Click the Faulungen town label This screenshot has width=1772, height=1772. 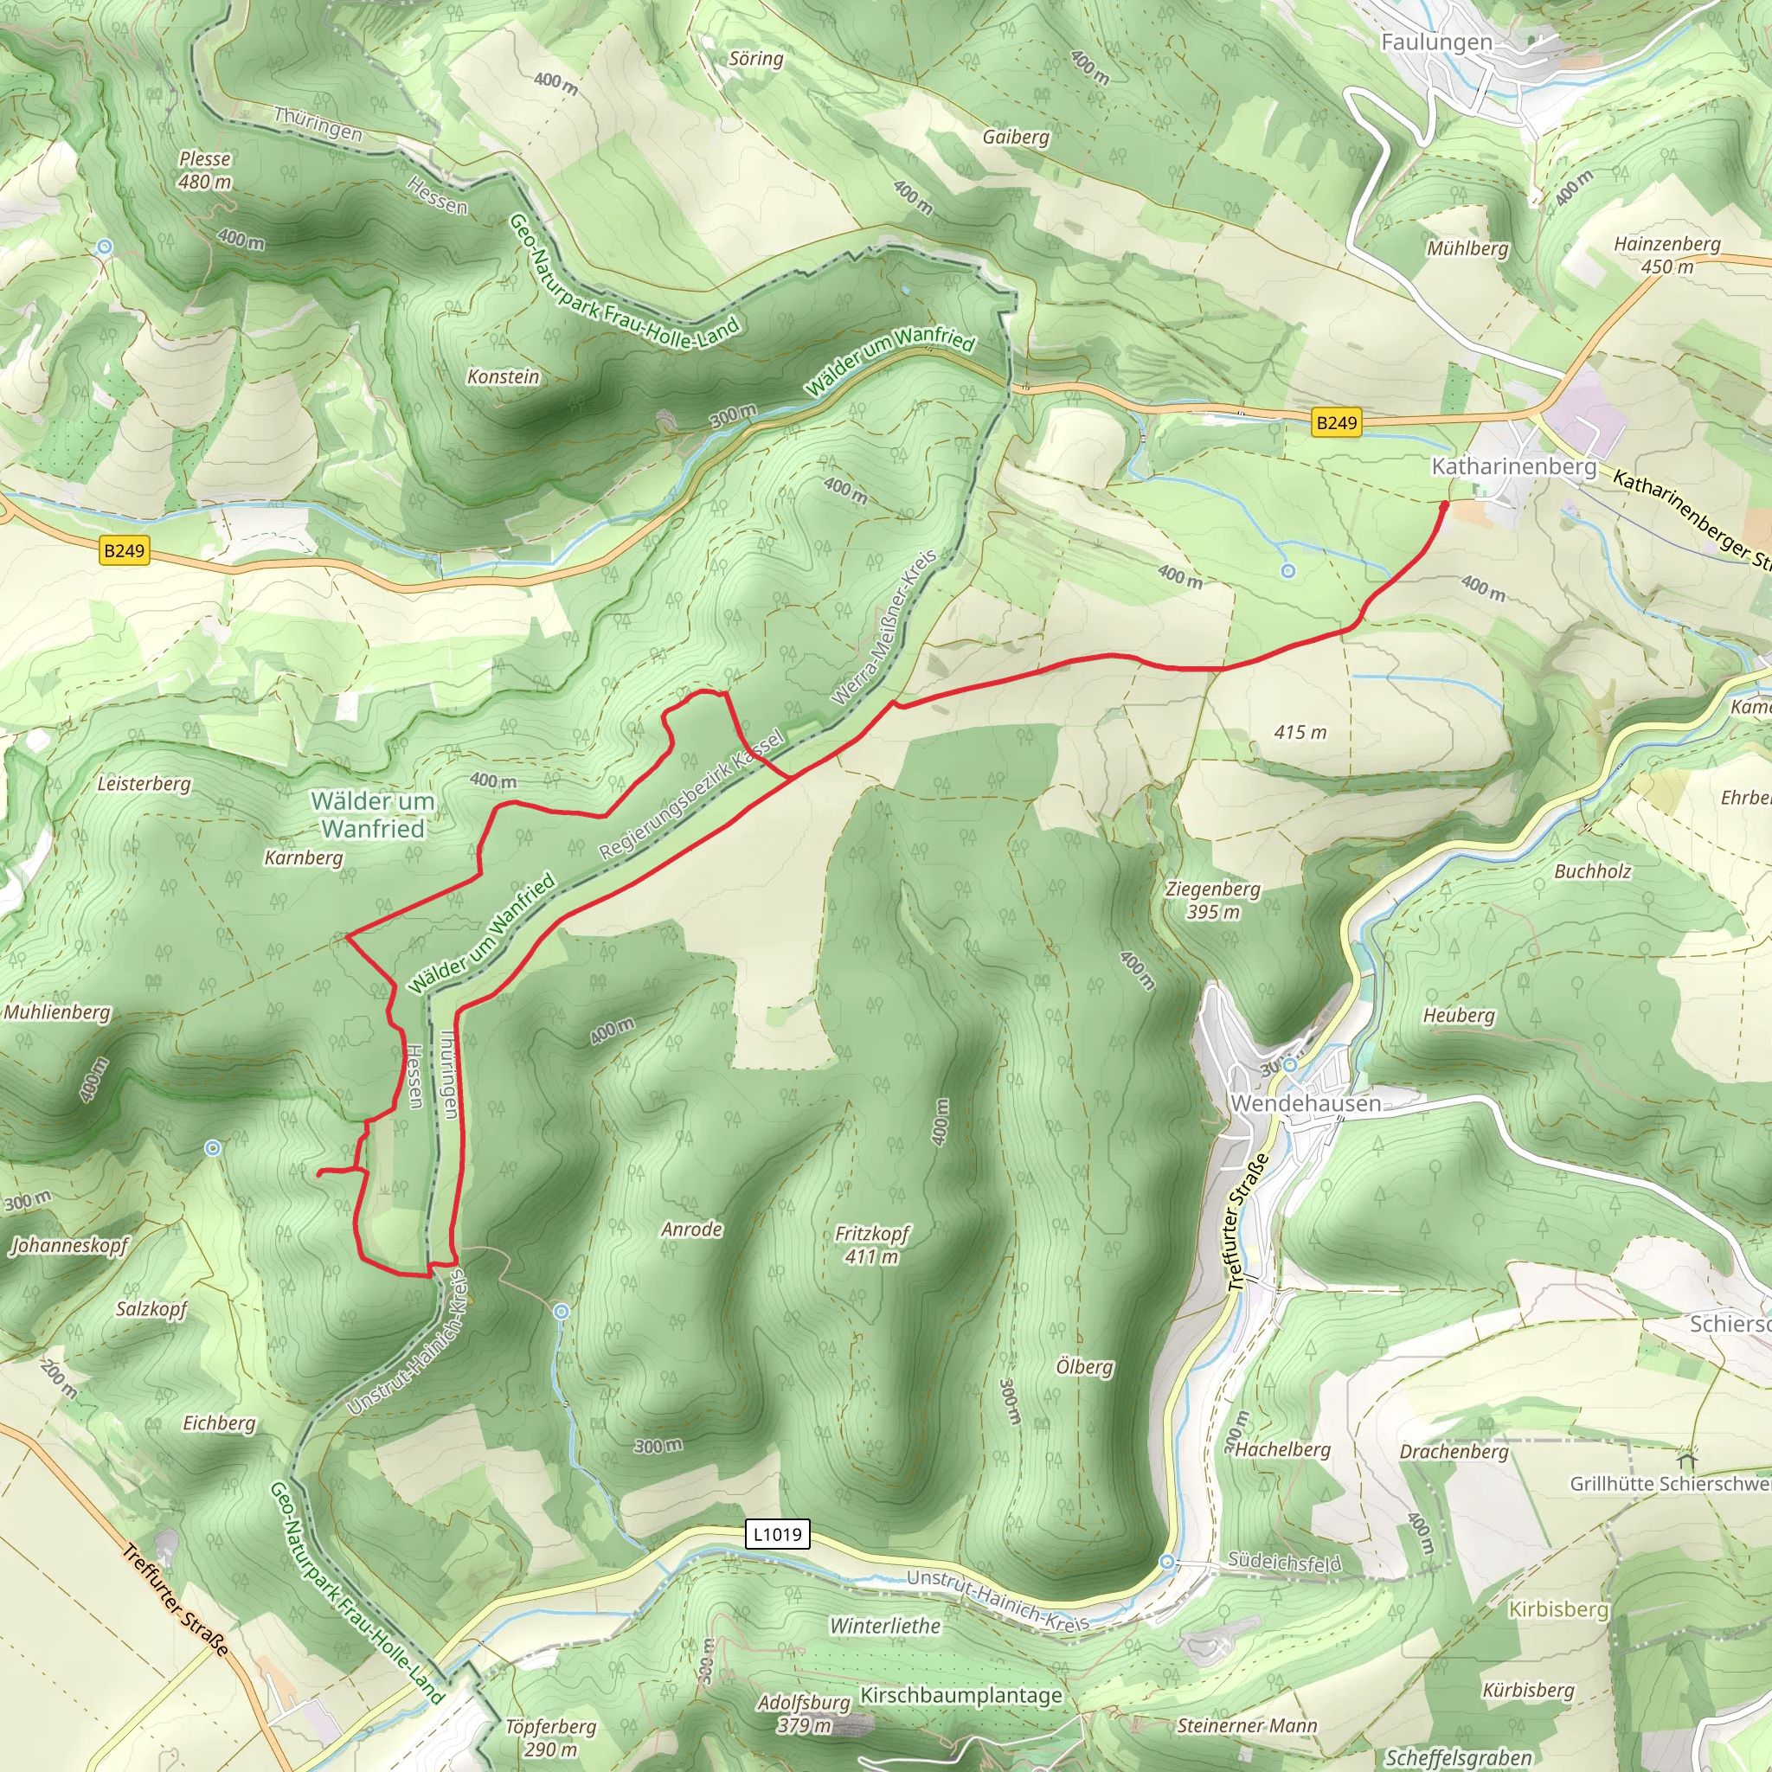[x=1436, y=42]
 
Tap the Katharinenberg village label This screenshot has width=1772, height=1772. [x=1513, y=466]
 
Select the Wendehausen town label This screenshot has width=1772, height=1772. [x=1305, y=1102]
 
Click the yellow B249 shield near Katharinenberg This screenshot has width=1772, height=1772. [x=1335, y=423]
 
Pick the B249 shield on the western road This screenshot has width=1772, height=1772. [x=124, y=550]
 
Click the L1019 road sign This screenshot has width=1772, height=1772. [x=777, y=1534]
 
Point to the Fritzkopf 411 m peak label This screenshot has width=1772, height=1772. [x=871, y=1244]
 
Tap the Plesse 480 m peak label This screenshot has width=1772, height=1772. [x=204, y=170]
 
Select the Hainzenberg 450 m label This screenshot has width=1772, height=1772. [x=1666, y=255]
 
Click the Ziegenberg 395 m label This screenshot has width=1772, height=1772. [x=1212, y=900]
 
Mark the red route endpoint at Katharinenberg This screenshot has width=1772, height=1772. [x=1445, y=504]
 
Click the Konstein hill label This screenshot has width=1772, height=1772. [x=503, y=377]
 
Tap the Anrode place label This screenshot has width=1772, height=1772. [x=691, y=1229]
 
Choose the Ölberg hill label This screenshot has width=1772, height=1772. [x=1084, y=1366]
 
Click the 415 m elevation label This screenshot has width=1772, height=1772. [x=1300, y=732]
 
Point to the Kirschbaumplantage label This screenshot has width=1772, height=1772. [x=960, y=1695]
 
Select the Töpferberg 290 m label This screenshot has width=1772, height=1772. [x=550, y=1738]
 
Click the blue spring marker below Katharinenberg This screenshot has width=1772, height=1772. [x=1287, y=571]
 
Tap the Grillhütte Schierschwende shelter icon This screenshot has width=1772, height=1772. [x=1685, y=1457]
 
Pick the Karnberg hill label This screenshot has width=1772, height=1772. [x=303, y=857]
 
